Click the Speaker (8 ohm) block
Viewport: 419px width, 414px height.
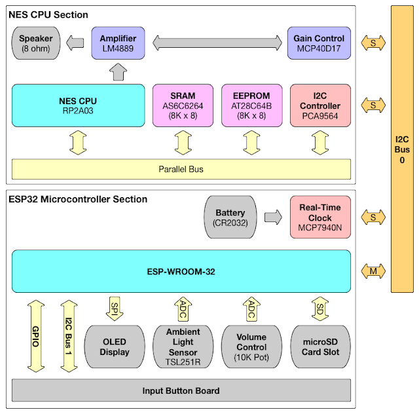click(35, 44)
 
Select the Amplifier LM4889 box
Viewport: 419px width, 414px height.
click(118, 44)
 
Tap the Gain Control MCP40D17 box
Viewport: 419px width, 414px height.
click(319, 44)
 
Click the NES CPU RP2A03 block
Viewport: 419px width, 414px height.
click(78, 105)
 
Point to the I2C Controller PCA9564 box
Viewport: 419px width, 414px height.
click(319, 105)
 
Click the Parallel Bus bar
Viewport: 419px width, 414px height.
click(181, 169)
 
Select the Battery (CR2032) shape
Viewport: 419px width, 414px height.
click(230, 217)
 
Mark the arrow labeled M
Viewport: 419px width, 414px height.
click(373, 271)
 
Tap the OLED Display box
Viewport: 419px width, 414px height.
click(114, 347)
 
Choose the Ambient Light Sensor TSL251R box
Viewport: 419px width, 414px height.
click(183, 347)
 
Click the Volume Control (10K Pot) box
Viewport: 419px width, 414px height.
click(251, 347)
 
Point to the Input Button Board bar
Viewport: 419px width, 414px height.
click(181, 391)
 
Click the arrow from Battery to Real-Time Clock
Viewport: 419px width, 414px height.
click(274, 217)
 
